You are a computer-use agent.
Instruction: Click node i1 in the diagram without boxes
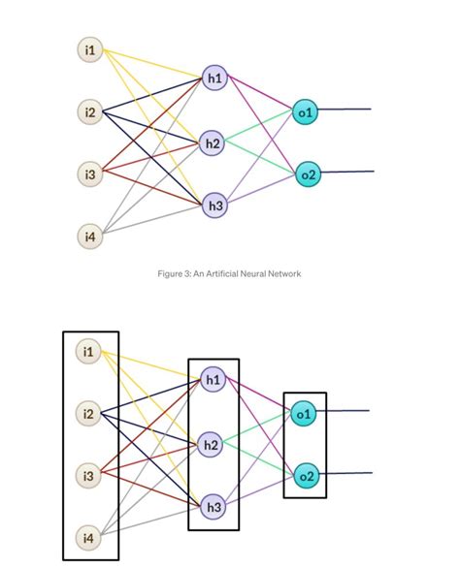pos(90,49)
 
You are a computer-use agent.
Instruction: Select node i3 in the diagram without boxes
pos(90,174)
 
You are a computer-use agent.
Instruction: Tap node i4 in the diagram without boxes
pos(90,236)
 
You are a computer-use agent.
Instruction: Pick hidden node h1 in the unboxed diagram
pos(214,79)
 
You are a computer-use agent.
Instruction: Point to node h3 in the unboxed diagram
pos(214,205)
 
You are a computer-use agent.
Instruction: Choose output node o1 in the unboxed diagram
pos(307,112)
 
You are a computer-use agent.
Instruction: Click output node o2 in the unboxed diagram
pos(307,174)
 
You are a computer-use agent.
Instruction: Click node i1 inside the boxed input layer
pos(90,351)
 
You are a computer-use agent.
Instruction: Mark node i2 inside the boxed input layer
pos(90,414)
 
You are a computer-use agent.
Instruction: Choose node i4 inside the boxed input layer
pos(90,536)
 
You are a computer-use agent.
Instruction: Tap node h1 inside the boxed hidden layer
pos(214,380)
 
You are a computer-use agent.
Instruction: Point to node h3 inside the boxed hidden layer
pos(214,505)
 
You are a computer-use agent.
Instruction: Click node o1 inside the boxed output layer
pos(305,414)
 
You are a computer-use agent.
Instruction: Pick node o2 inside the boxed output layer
pos(305,475)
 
